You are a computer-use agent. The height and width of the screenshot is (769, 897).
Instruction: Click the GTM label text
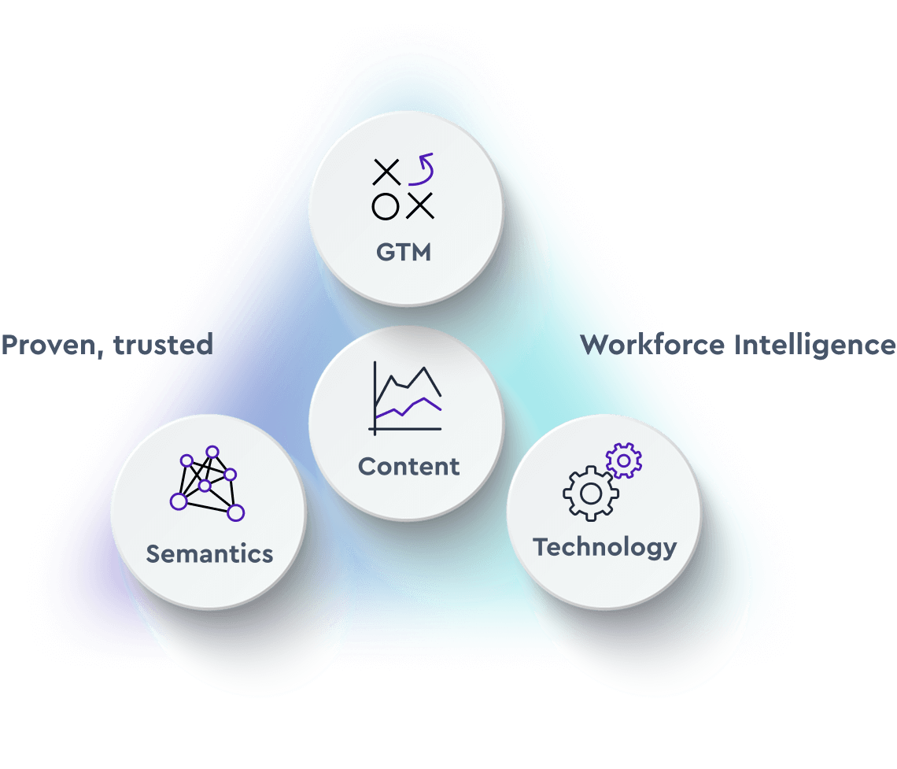[404, 253]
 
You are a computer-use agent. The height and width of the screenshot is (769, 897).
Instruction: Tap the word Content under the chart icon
[408, 466]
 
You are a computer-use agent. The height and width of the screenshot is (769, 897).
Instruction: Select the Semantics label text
[209, 553]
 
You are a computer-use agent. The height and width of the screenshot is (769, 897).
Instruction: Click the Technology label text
[604, 546]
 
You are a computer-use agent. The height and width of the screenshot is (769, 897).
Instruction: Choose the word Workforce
[653, 345]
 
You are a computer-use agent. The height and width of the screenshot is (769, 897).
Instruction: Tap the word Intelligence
[814, 346]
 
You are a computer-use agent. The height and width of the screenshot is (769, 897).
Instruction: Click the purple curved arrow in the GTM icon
[422, 170]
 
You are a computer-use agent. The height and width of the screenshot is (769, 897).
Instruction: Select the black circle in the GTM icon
[385, 206]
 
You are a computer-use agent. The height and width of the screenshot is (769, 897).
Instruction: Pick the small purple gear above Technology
[624, 460]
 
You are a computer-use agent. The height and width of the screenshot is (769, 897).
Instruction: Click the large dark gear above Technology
[590, 494]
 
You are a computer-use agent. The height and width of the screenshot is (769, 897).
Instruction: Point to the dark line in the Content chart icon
[409, 382]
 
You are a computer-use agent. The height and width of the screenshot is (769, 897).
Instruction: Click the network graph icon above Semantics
[207, 486]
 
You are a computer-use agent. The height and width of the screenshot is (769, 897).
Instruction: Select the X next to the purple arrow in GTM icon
[386, 172]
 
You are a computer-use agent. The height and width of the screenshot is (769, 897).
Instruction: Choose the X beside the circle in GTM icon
[421, 206]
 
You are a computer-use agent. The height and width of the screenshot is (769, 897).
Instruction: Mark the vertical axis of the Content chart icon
[375, 397]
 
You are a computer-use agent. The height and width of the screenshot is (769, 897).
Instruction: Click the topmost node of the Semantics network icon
[212, 452]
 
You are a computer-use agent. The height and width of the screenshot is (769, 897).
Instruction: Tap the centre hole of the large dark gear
[590, 494]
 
